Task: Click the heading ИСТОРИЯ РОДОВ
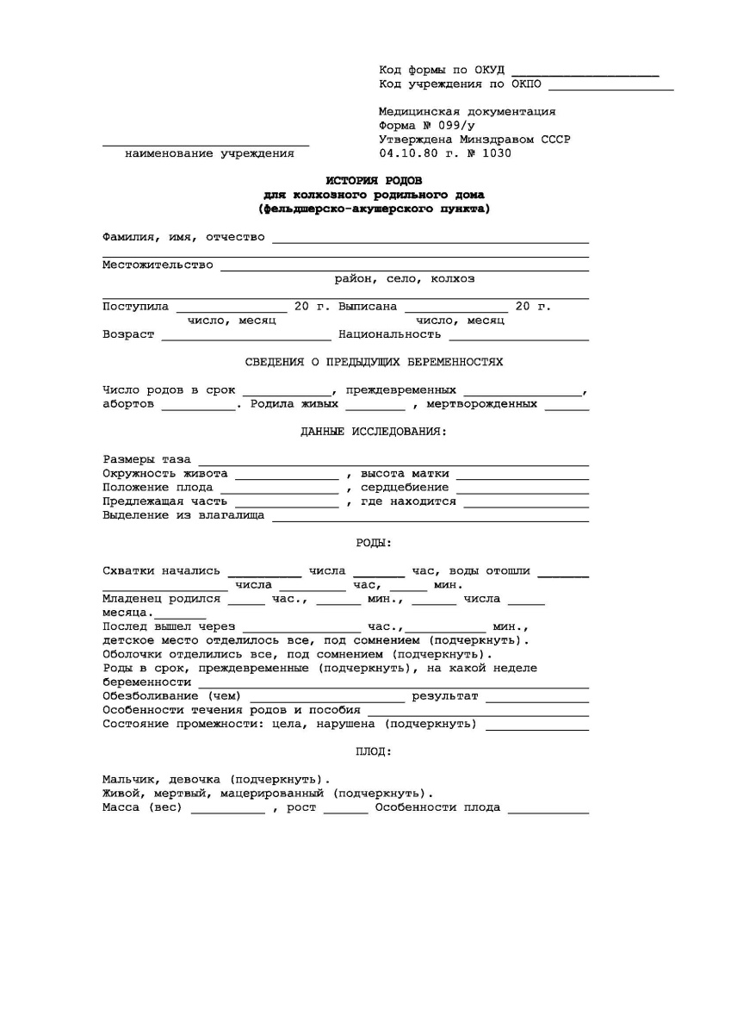[x=374, y=180]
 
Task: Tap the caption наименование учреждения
[x=209, y=154]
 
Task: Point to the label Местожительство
[x=158, y=265]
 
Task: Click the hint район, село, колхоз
[x=405, y=278]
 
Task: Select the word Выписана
[x=368, y=306]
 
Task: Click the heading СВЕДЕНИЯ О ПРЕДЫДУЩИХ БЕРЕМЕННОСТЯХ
[x=374, y=362]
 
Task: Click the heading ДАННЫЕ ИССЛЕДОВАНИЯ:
[x=374, y=431]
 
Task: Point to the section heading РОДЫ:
[x=374, y=543]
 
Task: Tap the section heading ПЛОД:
[x=374, y=752]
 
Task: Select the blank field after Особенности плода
[x=548, y=811]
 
